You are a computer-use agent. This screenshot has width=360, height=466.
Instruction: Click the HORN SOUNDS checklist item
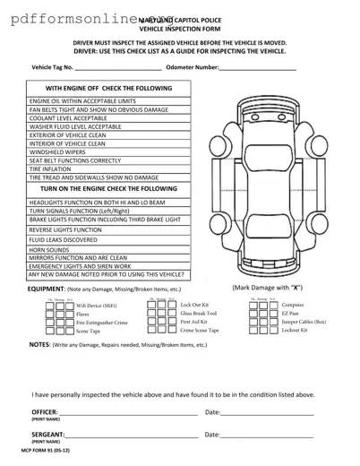(51, 249)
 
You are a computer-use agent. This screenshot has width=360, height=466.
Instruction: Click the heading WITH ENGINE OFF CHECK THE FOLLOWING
(108, 89)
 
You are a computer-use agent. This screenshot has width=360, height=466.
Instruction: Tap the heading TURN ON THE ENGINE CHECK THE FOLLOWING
(108, 189)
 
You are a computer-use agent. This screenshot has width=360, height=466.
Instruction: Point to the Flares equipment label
(82, 315)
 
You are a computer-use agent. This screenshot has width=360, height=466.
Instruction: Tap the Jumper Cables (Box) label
(304, 322)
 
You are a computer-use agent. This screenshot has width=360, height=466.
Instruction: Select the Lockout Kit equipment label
(295, 331)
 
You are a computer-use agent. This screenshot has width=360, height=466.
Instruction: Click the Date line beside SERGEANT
(267, 435)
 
